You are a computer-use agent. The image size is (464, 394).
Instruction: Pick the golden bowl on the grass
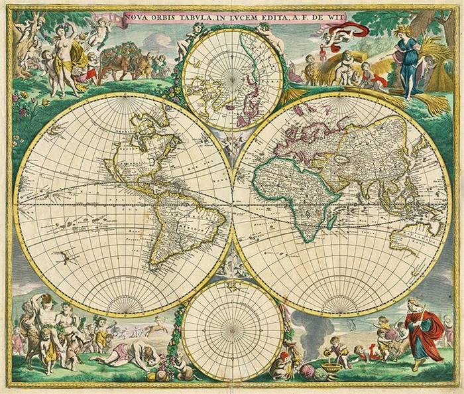331,365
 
